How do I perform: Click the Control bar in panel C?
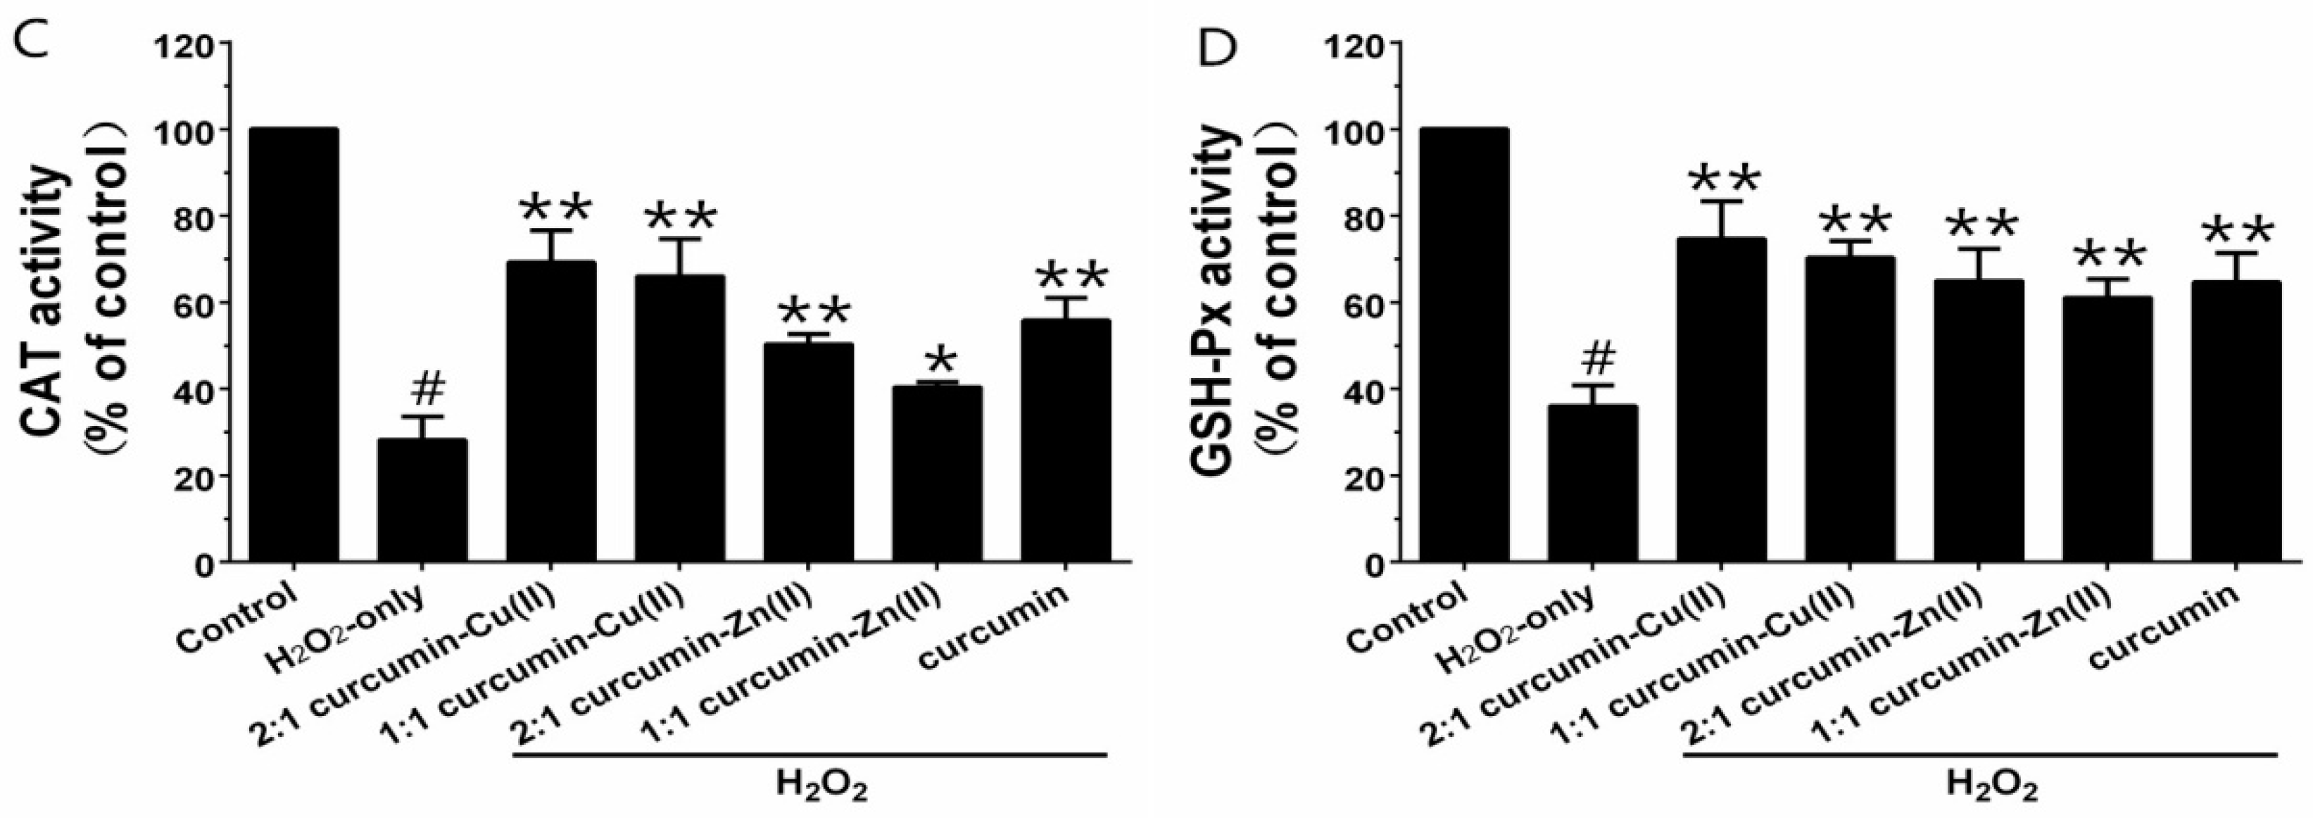pos(294,346)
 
